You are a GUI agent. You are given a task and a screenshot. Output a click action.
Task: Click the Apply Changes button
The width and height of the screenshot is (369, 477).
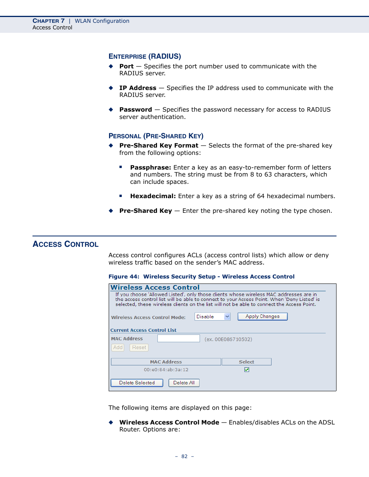[x=262, y=316]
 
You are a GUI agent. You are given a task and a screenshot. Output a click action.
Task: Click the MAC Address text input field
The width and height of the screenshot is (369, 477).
[x=178, y=339]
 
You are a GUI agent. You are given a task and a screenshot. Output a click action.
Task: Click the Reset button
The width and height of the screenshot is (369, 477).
[x=139, y=348]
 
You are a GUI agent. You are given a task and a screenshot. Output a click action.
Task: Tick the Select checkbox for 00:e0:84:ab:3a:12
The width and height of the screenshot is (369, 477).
[x=247, y=370]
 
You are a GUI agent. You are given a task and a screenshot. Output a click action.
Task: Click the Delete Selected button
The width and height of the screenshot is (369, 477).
[x=137, y=383]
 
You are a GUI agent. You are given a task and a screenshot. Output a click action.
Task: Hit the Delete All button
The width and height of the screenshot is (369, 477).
[x=184, y=383]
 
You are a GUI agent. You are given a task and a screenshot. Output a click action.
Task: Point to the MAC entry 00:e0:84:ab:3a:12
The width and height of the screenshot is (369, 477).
[x=166, y=370]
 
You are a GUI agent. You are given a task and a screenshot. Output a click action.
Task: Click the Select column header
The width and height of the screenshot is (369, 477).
[x=246, y=362]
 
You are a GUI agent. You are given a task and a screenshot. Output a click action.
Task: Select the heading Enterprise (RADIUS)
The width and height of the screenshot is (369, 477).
[x=145, y=56]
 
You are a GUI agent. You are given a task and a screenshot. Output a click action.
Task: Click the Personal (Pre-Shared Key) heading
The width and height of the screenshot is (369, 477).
[x=156, y=136]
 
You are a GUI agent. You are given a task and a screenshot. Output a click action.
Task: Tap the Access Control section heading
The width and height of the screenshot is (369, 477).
[x=65, y=244]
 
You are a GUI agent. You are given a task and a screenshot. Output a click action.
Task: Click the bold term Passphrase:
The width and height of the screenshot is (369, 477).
[x=150, y=168]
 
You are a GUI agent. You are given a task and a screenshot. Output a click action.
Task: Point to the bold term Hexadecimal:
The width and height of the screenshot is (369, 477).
[x=153, y=196]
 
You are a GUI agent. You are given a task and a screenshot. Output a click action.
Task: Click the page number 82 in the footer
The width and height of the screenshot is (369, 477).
[x=184, y=457]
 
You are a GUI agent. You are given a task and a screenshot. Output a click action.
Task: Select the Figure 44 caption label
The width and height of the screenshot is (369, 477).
[x=123, y=277]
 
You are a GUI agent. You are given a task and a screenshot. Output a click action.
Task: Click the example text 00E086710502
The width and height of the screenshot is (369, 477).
[x=228, y=340]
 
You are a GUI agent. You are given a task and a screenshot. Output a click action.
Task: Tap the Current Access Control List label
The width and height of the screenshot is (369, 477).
[x=143, y=330]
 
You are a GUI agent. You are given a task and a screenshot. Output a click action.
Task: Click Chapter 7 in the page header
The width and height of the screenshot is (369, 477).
[x=48, y=21]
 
